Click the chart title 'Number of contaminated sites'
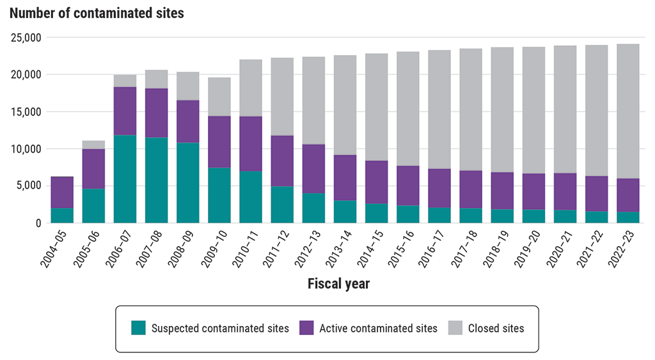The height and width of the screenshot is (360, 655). coord(97,13)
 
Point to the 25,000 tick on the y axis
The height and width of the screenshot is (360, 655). coord(26,38)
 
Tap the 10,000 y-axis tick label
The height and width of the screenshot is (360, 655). coord(26,149)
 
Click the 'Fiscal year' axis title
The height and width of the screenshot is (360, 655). coord(338,283)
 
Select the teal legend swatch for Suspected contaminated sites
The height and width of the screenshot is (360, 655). coord(139,328)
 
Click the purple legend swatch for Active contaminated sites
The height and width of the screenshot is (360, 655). coord(306,328)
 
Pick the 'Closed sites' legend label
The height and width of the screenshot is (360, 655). coord(496,328)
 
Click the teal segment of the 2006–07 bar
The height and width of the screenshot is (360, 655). coord(125,179)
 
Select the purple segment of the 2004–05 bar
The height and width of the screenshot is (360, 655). coord(62,192)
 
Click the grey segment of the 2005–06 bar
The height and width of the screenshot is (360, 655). coord(93,145)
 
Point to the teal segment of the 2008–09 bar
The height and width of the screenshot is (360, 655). coord(187,183)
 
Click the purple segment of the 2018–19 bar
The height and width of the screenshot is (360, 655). coord(501,191)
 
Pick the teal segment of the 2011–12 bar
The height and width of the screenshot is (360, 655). coord(281,205)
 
